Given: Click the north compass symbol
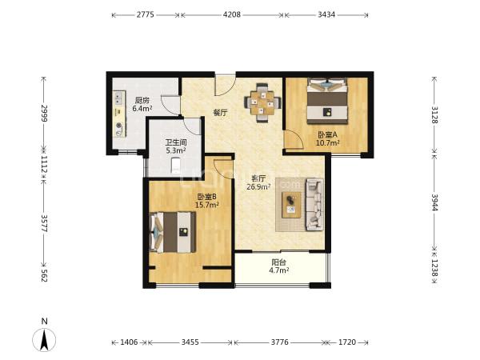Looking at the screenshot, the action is pos(44,339).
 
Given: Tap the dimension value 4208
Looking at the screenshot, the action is pos(232,14).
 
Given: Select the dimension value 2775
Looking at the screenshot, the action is pos(145,14).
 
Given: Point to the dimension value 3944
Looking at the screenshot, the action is pos(434,202).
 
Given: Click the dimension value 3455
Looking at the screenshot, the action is pos(190,342).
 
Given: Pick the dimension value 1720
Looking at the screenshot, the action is pos(347,342).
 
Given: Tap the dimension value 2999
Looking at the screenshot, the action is pos(44,113).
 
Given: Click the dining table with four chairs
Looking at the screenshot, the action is pos(262,103).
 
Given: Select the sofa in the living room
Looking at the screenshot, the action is pos(314,205).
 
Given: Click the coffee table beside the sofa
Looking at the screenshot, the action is pos(291,205).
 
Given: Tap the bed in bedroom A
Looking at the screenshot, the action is pos(327,101).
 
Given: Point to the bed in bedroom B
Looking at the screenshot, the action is pos(173,232).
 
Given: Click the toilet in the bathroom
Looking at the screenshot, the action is pos(175,166).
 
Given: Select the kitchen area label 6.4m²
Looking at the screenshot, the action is pos(142,108).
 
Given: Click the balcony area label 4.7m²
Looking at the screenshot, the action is pos(279,270).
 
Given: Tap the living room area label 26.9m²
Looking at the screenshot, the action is pos(258,186).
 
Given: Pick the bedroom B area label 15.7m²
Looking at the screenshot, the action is pos(207,205).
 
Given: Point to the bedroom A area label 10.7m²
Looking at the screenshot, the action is pos(327,142).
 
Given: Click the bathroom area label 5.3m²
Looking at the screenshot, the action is pos(176,150).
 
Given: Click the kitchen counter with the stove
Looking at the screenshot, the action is pos(119,114).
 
